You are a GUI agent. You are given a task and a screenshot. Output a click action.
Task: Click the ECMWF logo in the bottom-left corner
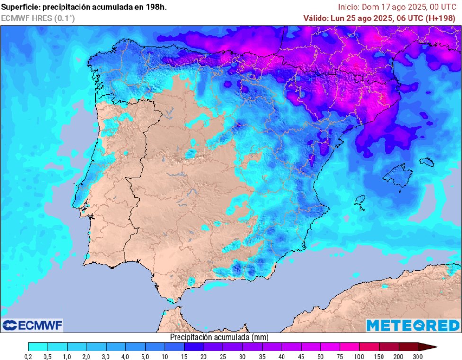coord(32,325)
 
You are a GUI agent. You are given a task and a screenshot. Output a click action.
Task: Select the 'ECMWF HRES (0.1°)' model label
coord(38,18)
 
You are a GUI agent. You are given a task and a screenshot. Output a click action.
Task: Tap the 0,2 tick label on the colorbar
coord(28,356)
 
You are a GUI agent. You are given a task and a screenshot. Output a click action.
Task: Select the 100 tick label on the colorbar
coord(360,356)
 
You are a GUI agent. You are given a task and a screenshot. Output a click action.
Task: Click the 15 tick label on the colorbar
coord(184,356)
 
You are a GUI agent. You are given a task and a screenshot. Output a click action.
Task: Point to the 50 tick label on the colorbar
coord(321,356)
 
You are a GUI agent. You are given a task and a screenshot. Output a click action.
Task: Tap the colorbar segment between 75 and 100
coord(350,347)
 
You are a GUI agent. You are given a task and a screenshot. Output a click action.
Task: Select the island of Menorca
coord(426,162)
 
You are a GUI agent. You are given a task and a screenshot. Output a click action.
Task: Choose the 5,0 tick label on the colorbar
coord(145,356)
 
